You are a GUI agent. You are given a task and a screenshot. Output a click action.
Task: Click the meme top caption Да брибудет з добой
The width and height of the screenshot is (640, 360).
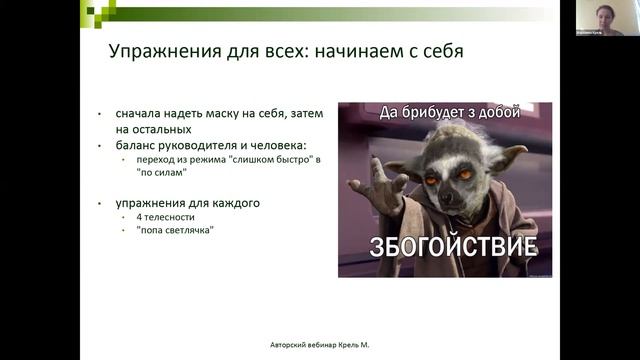pyautogui.click(x=449, y=113)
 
